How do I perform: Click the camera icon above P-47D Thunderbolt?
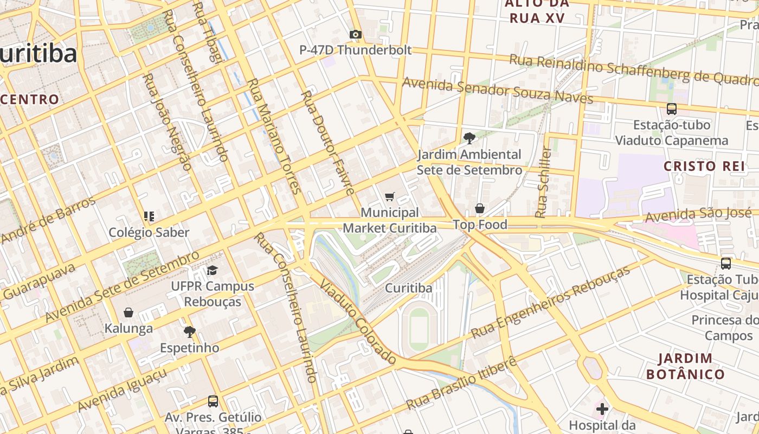(356, 35)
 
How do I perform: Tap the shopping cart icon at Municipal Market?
(389, 196)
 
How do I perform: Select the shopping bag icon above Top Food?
(480, 208)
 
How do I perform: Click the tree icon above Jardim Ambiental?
(469, 138)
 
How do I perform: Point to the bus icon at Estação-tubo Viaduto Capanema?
(672, 109)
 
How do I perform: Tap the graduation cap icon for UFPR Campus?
(212, 270)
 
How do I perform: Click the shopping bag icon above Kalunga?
(128, 312)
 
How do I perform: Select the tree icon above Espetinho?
(189, 331)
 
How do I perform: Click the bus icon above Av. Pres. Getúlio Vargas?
(213, 401)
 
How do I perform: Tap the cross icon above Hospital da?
(602, 409)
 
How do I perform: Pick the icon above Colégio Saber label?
(149, 216)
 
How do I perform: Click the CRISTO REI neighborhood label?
(704, 166)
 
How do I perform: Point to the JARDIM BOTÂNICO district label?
(685, 366)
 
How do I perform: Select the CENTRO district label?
(30, 99)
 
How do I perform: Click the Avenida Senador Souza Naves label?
(498, 90)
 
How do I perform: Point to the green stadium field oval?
(419, 329)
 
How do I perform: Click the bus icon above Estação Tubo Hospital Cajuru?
(726, 264)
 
